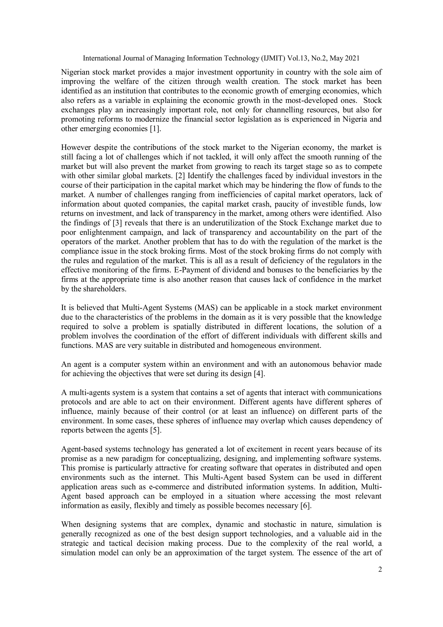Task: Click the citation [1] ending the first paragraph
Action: point(156,129)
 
